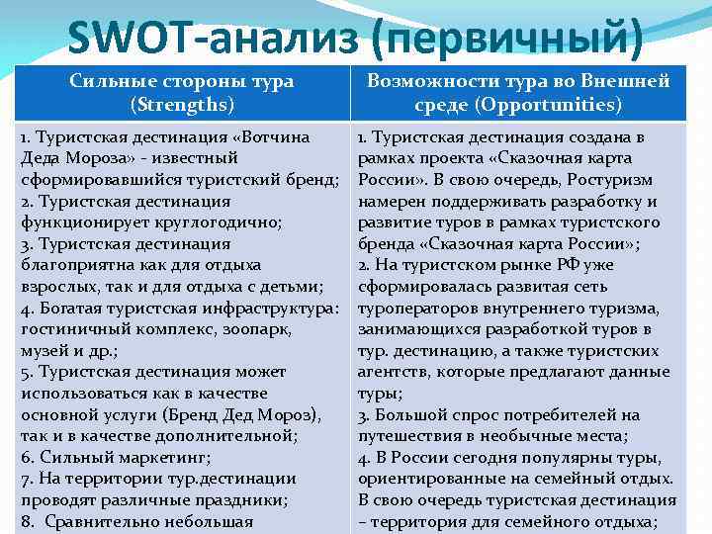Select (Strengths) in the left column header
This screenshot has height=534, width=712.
182,103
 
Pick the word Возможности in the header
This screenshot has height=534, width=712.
435,80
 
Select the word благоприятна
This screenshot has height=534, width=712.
75,264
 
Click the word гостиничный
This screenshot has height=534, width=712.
73,329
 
